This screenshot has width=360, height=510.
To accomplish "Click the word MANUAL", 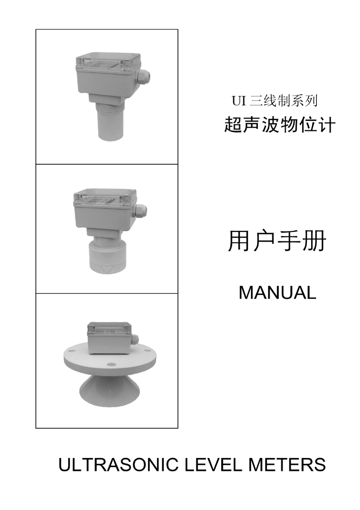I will [277, 293].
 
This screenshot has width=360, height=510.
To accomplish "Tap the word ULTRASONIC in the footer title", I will [118, 465].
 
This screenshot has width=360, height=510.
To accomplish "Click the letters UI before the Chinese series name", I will [239, 101].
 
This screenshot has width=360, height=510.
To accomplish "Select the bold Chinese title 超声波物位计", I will [280, 125].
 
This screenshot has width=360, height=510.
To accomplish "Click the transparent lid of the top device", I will [106, 63].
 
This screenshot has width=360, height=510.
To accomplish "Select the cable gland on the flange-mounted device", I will [135, 340].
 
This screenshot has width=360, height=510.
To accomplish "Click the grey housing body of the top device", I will [105, 82].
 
